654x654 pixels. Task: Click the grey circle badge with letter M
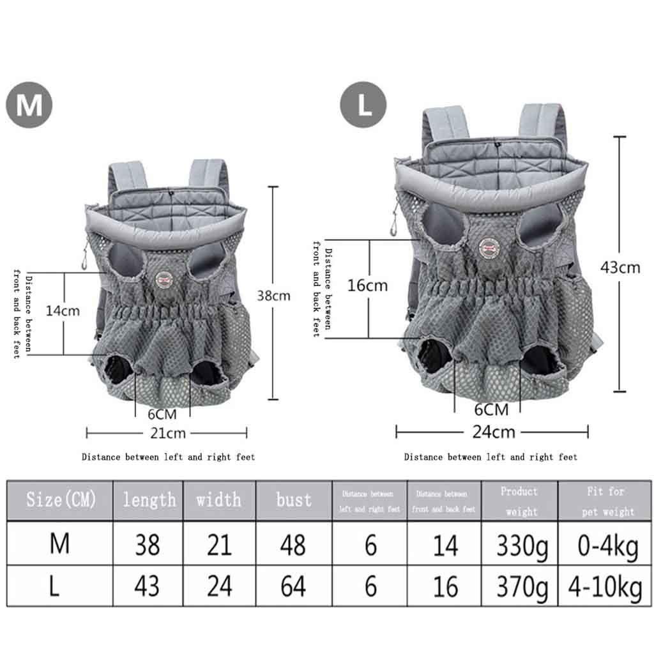pyautogui.click(x=29, y=105)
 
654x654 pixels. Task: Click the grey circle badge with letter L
pyautogui.click(x=363, y=104)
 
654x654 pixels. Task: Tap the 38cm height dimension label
pyautogui.click(x=273, y=296)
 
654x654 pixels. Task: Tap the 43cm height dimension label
pyautogui.click(x=620, y=268)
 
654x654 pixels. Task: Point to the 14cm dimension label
pyautogui.click(x=63, y=311)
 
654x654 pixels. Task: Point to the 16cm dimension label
pyautogui.click(x=367, y=285)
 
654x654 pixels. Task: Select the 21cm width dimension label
pyautogui.click(x=168, y=434)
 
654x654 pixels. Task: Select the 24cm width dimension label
pyautogui.click(x=494, y=432)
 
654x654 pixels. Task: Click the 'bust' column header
pyautogui.click(x=294, y=499)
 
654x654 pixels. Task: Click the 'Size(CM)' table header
pyautogui.click(x=61, y=499)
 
